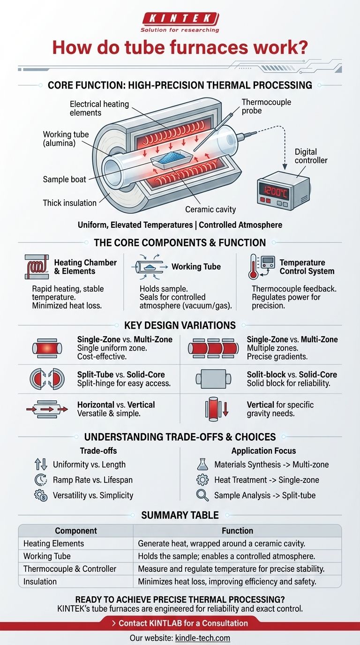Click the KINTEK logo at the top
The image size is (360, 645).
180,19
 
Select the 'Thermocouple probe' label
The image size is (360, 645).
266,107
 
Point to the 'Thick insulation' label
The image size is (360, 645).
70,203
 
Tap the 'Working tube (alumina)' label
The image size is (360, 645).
66,139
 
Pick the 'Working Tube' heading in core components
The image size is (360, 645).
196,267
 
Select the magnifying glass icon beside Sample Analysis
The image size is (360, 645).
202,495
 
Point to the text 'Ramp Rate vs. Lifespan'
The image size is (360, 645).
92,480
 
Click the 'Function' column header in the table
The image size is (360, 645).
237,531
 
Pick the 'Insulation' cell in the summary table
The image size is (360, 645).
40,581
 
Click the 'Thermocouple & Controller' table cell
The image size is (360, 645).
70,569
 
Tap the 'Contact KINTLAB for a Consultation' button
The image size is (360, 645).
180,623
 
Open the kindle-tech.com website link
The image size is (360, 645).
202,638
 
